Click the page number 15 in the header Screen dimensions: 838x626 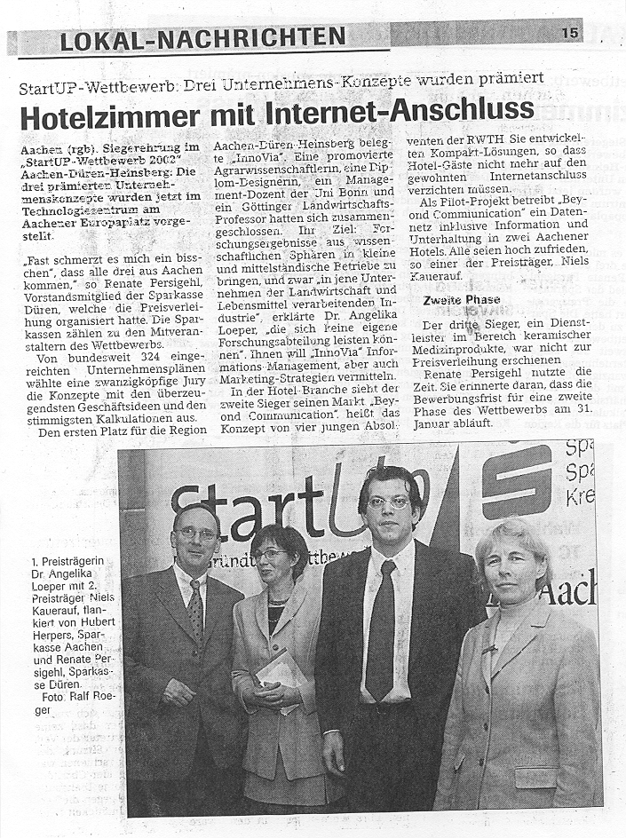pyautogui.click(x=569, y=33)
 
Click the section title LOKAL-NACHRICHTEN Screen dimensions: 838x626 pyautogui.click(x=203, y=38)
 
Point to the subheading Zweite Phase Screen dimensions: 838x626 pyautogui.click(x=461, y=300)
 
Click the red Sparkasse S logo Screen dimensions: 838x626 pyautogui.click(x=516, y=480)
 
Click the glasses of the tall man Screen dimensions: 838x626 pyautogui.click(x=388, y=502)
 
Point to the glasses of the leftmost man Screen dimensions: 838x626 pyautogui.click(x=196, y=534)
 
